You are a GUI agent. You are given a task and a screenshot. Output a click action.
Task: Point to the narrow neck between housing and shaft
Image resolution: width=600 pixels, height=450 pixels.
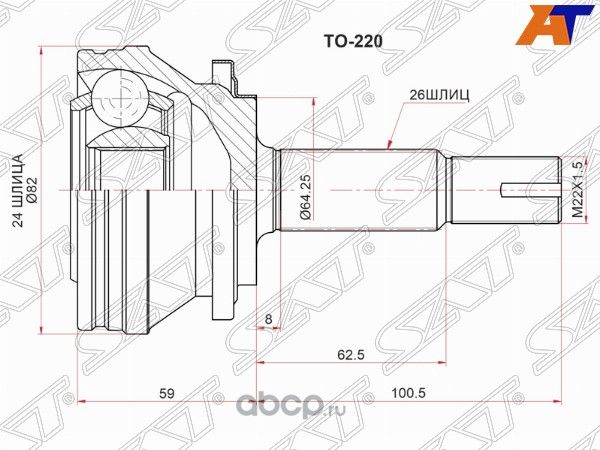pyautogui.click(x=267, y=189)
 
